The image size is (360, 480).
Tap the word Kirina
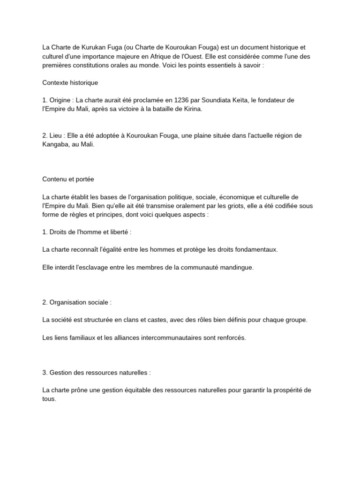tap(191, 109)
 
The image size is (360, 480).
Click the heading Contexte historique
tap(70, 82)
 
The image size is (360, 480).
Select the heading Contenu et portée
tap(68, 180)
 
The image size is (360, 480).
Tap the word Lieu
tap(56, 135)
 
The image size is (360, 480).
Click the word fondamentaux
tap(252, 249)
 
